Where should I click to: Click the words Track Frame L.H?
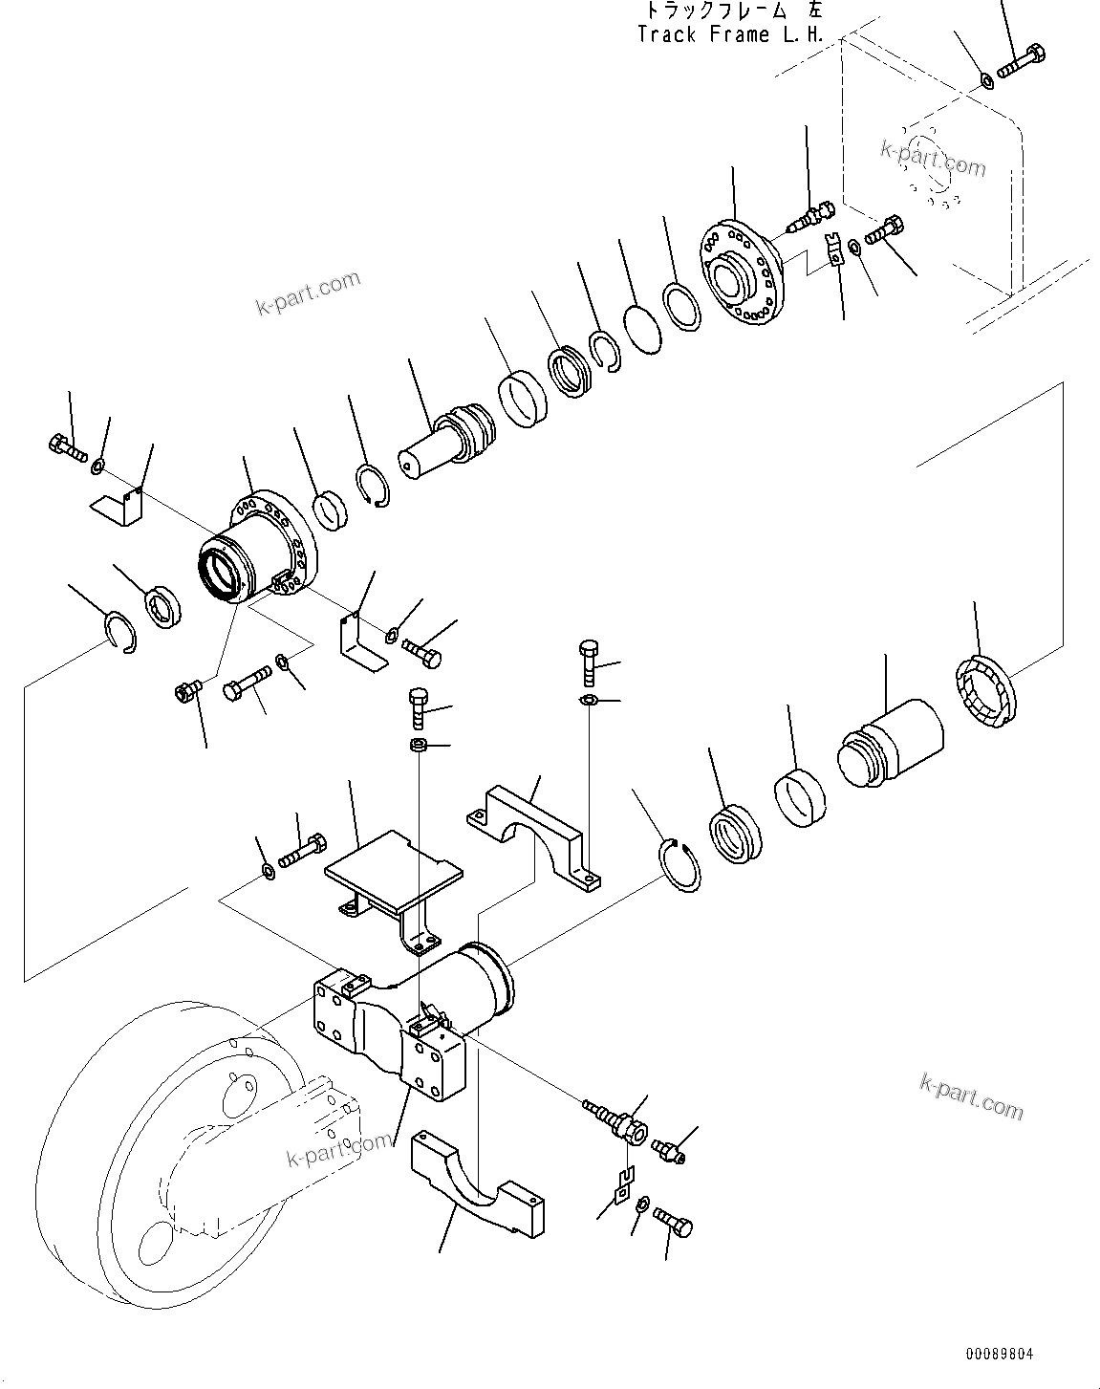(731, 35)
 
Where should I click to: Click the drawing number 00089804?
(999, 1355)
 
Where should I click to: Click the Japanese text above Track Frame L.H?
(731, 11)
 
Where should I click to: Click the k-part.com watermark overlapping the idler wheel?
(339, 1147)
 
